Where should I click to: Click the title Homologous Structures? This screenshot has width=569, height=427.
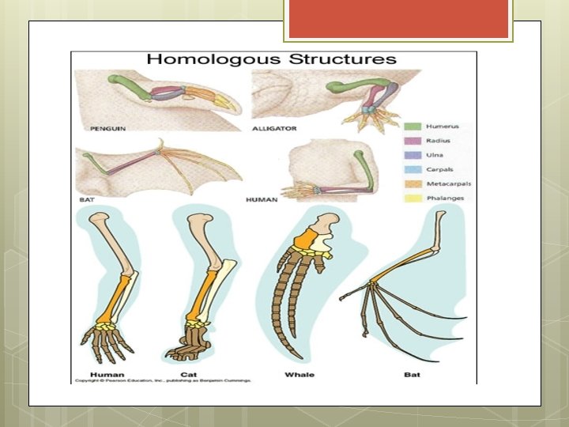click(x=271, y=59)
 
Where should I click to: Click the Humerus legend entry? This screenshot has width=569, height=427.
click(x=438, y=127)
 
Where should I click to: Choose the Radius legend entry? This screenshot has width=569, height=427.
click(x=435, y=141)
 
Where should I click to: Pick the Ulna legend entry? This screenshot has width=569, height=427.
click(x=433, y=155)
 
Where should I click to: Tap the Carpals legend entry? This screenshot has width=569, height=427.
click(x=436, y=169)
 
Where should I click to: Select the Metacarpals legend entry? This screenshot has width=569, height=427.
click(x=442, y=183)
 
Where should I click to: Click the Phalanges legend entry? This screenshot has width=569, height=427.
click(x=440, y=198)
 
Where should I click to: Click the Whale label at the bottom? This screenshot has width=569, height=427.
click(x=300, y=374)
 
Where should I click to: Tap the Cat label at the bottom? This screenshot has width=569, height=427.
click(x=189, y=374)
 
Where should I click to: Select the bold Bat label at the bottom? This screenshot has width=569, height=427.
click(x=412, y=374)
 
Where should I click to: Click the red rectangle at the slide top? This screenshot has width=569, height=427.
click(x=398, y=19)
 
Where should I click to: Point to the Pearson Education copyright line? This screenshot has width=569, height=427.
click(x=162, y=381)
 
